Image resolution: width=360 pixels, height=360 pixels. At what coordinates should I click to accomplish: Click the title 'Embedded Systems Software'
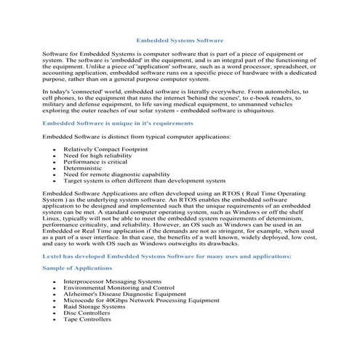pos(180,41)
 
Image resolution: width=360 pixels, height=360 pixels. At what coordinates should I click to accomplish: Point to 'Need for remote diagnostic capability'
pos(116,175)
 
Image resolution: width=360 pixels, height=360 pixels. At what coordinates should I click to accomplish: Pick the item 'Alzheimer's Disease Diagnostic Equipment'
pos(124,293)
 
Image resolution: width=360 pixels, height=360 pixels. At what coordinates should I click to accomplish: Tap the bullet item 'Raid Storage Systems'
pos(94,306)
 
